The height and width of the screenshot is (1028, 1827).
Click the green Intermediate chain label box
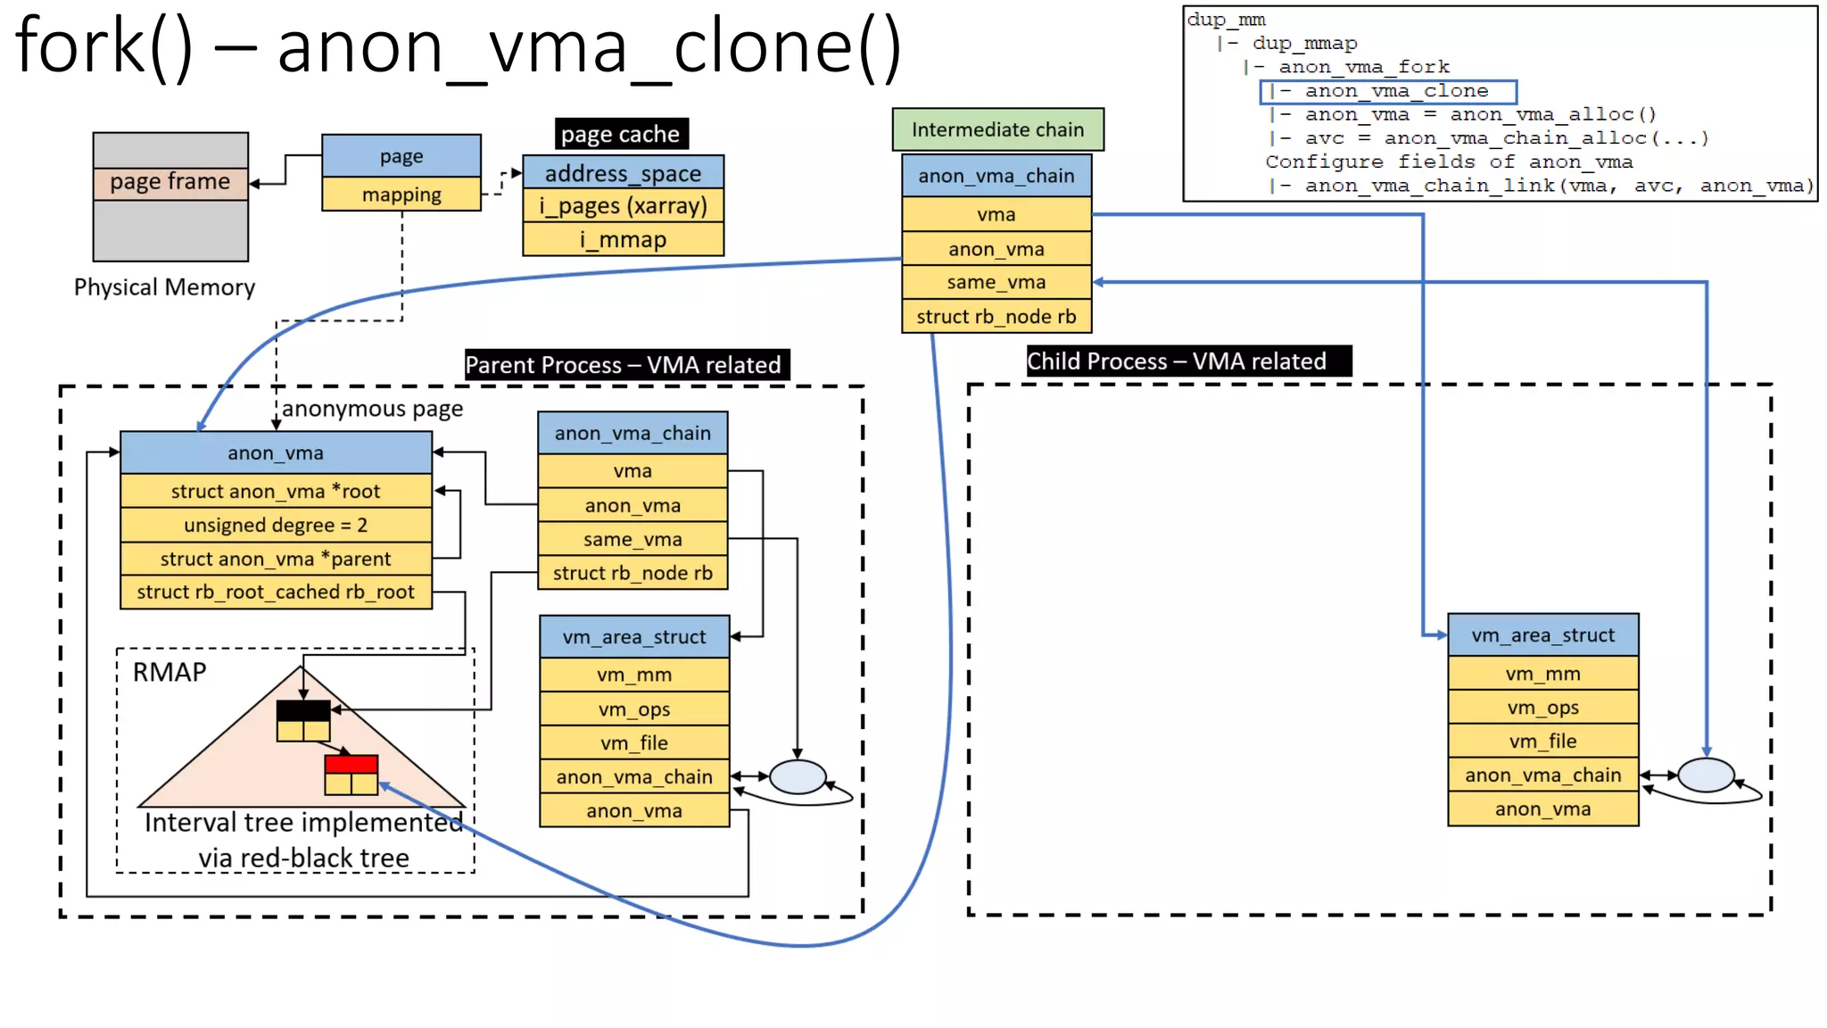997,130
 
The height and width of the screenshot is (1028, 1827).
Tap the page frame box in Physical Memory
170,182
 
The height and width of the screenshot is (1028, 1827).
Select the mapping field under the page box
401,195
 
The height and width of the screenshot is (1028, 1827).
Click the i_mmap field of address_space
623,239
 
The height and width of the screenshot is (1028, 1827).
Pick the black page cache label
621,134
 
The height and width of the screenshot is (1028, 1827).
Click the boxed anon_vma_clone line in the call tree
1388,91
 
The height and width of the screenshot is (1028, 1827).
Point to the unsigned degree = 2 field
276,525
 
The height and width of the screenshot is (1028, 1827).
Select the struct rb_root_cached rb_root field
276,592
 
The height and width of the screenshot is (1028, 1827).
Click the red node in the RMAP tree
351,765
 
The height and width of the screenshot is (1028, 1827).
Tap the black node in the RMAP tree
303,711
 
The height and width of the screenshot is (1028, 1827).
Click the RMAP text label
169,672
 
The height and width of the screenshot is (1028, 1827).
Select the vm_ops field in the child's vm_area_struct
1542,708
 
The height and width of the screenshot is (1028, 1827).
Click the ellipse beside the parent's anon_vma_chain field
797,776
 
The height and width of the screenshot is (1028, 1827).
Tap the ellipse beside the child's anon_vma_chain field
1705,775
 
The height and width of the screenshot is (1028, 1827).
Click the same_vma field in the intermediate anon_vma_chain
996,282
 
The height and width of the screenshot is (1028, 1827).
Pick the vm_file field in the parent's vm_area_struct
634,742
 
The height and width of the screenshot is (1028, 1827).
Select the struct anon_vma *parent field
276,559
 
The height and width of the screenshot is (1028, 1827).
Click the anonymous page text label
373,409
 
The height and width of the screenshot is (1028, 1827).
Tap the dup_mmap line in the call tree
1304,44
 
